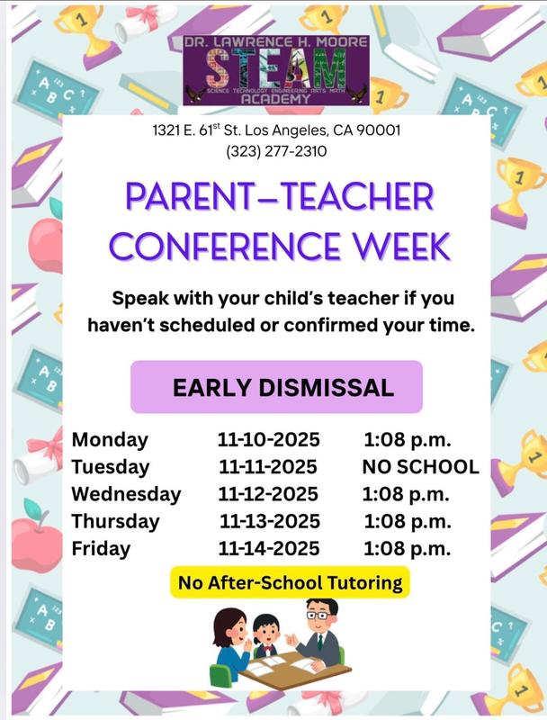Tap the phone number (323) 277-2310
276,151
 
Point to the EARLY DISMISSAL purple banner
276,387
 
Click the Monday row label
110,440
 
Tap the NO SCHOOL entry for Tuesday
420,467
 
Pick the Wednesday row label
126,494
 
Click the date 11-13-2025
270,521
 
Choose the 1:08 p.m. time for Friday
407,548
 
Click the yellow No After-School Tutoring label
290,582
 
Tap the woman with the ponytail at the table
230,639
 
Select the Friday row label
101,548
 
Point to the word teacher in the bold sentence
322,298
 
